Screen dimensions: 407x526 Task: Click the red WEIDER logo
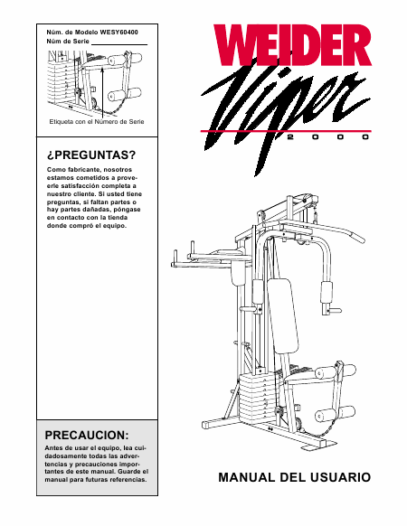coord(292,45)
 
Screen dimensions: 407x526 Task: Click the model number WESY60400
coord(118,33)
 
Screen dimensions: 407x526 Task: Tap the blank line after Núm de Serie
coord(119,44)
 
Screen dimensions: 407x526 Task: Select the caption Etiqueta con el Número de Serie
coord(97,121)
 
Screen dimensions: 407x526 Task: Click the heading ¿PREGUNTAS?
coord(91,155)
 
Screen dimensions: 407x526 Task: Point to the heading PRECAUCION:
coord(87,435)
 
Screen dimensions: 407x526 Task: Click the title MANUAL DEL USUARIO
coord(295,477)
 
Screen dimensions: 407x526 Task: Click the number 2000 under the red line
coord(328,136)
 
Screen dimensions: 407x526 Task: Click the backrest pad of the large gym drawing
coord(283,315)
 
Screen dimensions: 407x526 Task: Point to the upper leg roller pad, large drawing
coord(336,371)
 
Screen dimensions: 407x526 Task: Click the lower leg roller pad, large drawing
coord(336,413)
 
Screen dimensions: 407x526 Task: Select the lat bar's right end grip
coord(356,238)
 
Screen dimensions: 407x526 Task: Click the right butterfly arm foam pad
coord(327,292)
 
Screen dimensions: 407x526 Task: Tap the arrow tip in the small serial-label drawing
coord(102,68)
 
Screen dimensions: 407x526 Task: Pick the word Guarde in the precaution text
coord(129,472)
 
